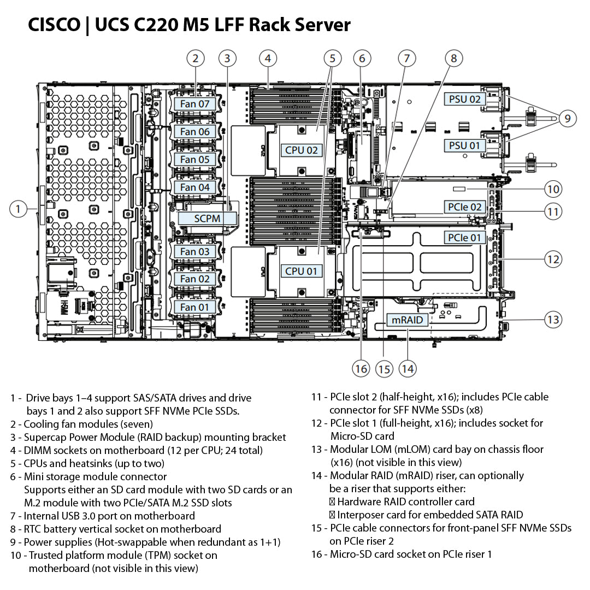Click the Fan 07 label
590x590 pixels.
pyautogui.click(x=195, y=104)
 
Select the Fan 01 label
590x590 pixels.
pyautogui.click(x=195, y=307)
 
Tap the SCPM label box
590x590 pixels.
pyautogui.click(x=207, y=219)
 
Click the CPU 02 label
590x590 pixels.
pyautogui.click(x=301, y=150)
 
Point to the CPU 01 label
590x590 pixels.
pyautogui.click(x=301, y=271)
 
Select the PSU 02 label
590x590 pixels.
pyautogui.click(x=464, y=99)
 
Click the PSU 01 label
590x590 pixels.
pyautogui.click(x=464, y=146)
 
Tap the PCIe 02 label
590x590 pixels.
pyautogui.click(x=465, y=207)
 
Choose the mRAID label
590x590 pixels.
pyautogui.click(x=408, y=320)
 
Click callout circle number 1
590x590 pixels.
pyautogui.click(x=19, y=209)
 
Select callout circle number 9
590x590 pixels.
pyautogui.click(x=568, y=118)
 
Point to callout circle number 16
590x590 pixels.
pyautogui.click(x=361, y=368)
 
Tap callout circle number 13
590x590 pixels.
pyautogui.click(x=553, y=319)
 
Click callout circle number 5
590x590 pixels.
pyautogui.click(x=332, y=58)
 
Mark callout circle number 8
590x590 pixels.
pyautogui.click(x=453, y=58)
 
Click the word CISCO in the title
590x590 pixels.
pyautogui.click(x=54, y=25)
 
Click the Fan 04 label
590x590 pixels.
pyautogui.click(x=195, y=187)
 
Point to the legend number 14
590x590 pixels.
pyautogui.click(x=317, y=476)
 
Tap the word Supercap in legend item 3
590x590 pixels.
pyautogui.click(x=45, y=438)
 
